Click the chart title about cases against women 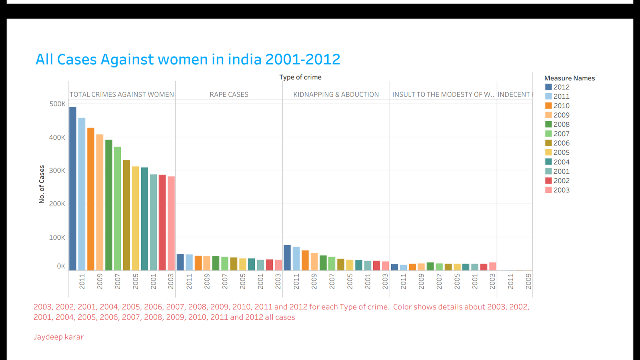[188, 60]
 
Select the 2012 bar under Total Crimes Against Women [73, 188]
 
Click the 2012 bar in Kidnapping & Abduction [287, 258]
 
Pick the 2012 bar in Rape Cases [180, 262]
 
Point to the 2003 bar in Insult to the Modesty [493, 266]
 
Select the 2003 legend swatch [548, 190]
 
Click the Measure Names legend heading [569, 78]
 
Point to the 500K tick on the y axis [57, 104]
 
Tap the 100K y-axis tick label [57, 237]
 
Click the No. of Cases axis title [42, 184]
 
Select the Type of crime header [300, 77]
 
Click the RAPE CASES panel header [229, 94]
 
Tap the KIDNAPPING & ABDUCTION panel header [336, 94]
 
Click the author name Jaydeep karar [58, 337]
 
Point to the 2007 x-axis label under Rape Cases [225, 281]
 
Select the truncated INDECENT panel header [515, 94]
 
